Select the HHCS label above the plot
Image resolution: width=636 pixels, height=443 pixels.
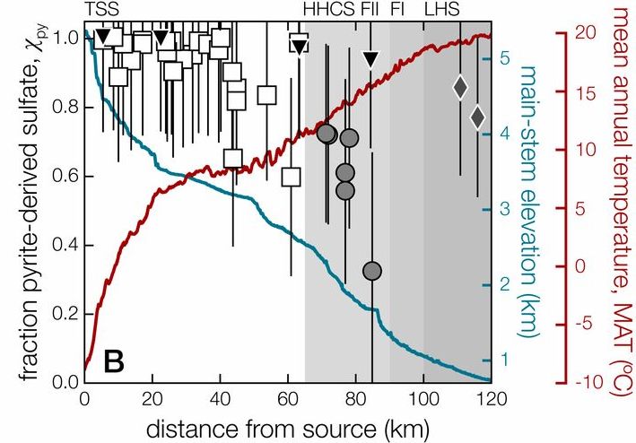coord(330,10)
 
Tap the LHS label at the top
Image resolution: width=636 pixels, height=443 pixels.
coord(440,10)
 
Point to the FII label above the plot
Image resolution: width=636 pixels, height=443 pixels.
coord(370,10)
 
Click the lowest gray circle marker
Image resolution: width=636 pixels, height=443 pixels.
coord(372,270)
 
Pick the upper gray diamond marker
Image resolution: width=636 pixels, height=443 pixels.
coord(460,87)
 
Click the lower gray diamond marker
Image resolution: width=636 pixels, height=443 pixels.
coord(477,117)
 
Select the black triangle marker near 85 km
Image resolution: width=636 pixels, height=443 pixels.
coord(370,59)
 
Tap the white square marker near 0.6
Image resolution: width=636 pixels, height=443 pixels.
coord(291,176)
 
